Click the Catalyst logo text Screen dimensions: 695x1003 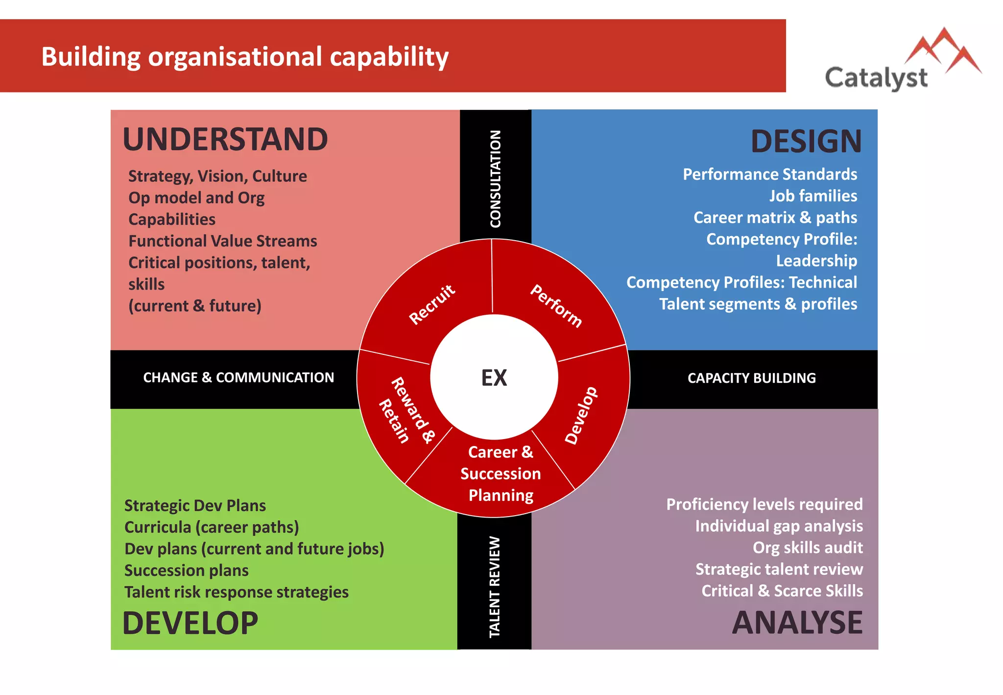(876, 78)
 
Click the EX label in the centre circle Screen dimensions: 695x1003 (494, 378)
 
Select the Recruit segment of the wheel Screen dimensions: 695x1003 (432, 304)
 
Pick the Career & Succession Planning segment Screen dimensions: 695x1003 (501, 473)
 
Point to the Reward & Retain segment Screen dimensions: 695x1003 (406, 411)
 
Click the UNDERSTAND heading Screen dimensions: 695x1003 (225, 140)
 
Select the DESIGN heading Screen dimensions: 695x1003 (806, 142)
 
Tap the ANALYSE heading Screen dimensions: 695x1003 (797, 623)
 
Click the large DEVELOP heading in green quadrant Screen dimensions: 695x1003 (190, 623)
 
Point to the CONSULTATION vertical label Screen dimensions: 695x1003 (496, 179)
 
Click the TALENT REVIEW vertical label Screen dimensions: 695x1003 (495, 587)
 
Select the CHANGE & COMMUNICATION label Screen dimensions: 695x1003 (239, 377)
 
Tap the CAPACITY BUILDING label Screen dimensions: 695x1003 (752, 378)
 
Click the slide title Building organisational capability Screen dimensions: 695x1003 (245, 57)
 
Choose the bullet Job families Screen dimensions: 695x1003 (813, 196)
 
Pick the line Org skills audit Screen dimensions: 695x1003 (808, 547)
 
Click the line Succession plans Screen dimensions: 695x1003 (187, 571)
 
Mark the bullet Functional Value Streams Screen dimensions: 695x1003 (223, 241)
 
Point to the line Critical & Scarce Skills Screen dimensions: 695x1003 (782, 591)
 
